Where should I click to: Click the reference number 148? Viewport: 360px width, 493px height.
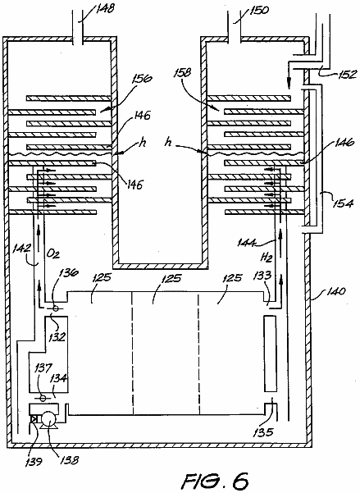104,8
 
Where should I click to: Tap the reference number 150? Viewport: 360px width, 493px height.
259,10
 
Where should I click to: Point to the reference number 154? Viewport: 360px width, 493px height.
344,203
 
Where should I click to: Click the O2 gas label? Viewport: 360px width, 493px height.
54,253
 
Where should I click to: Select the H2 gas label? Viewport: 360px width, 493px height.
266,258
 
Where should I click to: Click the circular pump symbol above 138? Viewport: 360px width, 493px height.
48,419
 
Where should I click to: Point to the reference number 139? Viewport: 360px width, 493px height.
34,462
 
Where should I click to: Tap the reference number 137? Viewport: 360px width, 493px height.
44,368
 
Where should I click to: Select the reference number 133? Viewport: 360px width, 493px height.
262,276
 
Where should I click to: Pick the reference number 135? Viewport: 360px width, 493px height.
263,432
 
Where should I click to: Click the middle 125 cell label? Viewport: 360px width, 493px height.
171,278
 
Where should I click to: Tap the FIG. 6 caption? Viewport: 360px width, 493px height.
216,481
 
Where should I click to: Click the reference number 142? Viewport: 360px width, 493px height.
22,249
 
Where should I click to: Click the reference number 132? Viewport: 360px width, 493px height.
57,336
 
